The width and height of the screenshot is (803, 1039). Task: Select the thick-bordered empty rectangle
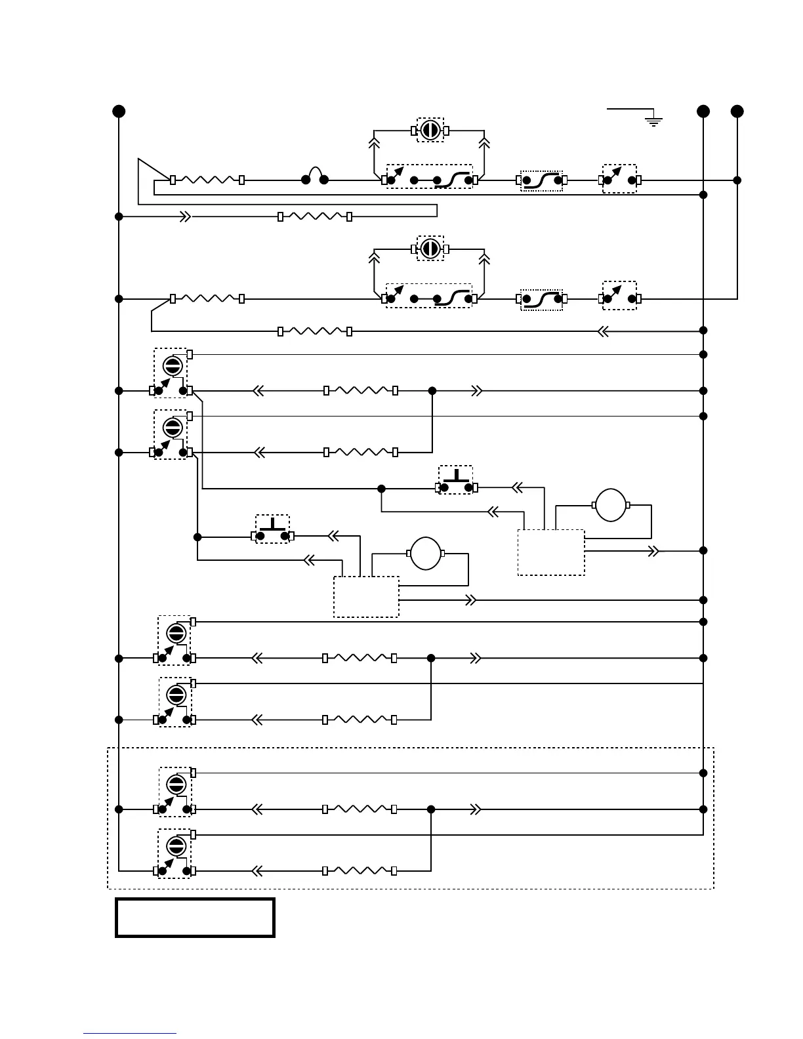[x=195, y=918]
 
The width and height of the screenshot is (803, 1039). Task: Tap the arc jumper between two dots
[x=315, y=176]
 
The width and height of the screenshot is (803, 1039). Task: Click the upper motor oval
[x=611, y=505]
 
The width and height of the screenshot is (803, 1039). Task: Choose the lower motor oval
[x=426, y=554]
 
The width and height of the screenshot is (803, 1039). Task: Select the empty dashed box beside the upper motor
[x=551, y=552]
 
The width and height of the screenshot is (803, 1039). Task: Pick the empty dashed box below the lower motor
[x=366, y=597]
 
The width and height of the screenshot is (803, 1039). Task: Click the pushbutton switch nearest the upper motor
[x=456, y=481]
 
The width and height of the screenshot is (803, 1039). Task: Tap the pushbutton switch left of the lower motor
[x=272, y=529]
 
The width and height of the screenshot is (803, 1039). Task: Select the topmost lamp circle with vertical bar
[x=430, y=130]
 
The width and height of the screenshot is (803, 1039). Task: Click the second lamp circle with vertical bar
[x=430, y=249]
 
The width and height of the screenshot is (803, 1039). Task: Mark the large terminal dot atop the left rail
[x=119, y=111]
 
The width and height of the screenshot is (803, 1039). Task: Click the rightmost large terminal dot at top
[x=737, y=111]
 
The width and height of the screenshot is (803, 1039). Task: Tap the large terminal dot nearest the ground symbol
[x=703, y=111]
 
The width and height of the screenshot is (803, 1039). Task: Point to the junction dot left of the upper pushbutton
[x=381, y=489]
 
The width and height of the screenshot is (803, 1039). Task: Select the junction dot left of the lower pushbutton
[x=197, y=537]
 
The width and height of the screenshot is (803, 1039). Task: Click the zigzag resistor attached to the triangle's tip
[x=207, y=180]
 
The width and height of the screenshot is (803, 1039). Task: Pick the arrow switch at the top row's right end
[x=619, y=178]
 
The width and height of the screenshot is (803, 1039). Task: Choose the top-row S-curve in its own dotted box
[x=541, y=180]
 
